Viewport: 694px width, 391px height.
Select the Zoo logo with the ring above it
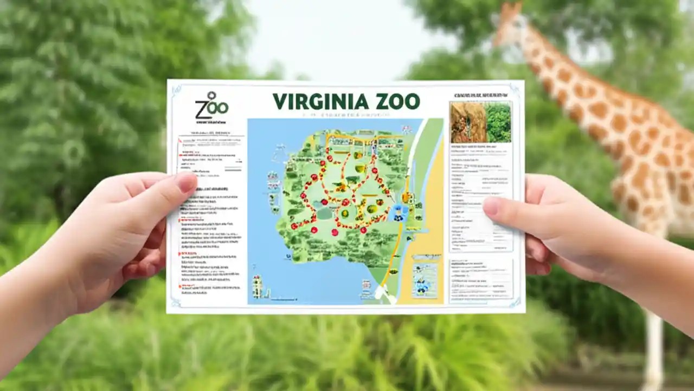tap(211, 105)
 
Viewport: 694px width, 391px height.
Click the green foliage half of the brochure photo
tap(498, 122)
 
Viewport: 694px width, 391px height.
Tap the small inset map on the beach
tap(425, 280)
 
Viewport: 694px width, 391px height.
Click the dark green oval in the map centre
tap(324, 213)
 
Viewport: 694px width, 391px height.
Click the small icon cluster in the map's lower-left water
tap(257, 286)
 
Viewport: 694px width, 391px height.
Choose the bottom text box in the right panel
tap(481, 279)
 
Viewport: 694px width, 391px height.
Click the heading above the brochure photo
tap(480, 95)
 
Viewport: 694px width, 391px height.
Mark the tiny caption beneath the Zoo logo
tap(211, 121)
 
